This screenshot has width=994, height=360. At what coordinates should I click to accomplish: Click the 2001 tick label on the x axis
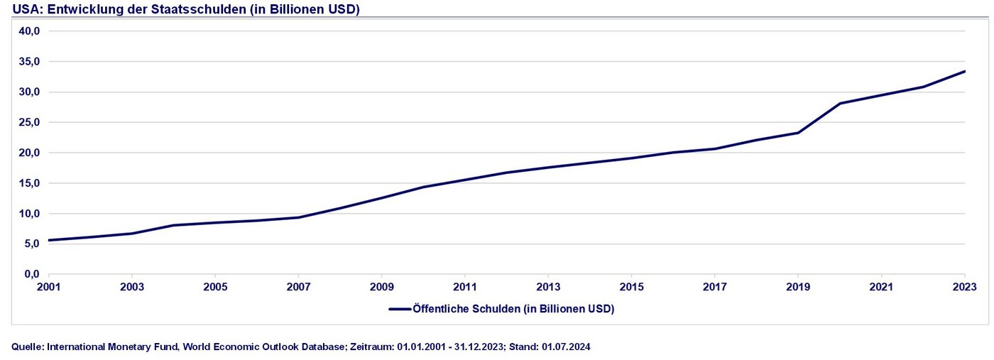click(x=48, y=287)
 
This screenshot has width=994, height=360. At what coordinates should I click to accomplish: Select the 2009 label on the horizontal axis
click(x=381, y=287)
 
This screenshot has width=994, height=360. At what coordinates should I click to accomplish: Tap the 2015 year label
click(x=631, y=287)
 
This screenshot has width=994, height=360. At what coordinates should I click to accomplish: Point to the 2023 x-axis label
click(x=964, y=287)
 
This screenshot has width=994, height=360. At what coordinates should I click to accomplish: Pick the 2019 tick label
click(x=798, y=287)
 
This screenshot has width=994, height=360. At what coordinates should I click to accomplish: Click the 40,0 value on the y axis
click(x=28, y=31)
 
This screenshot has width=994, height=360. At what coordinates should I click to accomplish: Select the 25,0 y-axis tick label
click(x=28, y=122)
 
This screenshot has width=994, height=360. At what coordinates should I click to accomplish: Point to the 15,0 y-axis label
click(x=28, y=183)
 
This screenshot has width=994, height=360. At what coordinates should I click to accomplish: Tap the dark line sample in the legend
click(x=400, y=309)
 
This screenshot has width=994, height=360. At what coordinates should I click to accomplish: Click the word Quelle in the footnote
click(x=27, y=347)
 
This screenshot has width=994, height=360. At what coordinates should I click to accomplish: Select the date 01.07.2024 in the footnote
click(x=566, y=347)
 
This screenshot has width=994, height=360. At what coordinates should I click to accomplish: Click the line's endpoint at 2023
click(x=964, y=71)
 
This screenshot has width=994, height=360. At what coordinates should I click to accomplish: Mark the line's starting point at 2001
click(x=48, y=240)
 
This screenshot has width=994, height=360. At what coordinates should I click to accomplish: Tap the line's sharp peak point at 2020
click(x=840, y=104)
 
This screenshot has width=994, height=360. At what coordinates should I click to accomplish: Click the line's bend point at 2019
click(x=798, y=133)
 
